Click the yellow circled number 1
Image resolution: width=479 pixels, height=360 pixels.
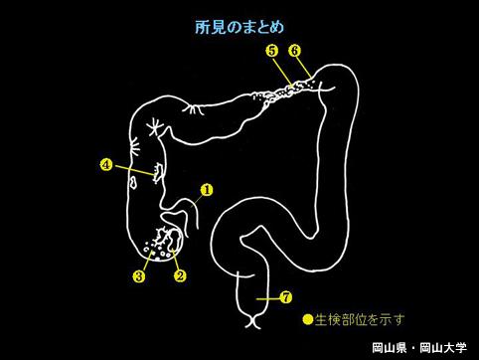(x=207, y=190)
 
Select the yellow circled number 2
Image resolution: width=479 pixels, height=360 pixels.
(x=181, y=275)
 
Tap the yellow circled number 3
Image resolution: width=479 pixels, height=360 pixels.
(x=139, y=276)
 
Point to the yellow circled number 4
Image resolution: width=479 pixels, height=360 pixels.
(x=106, y=165)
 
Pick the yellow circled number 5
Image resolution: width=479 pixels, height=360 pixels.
(x=272, y=51)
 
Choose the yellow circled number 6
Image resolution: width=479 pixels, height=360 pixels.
(x=294, y=51)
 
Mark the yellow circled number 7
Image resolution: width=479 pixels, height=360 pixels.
(x=286, y=297)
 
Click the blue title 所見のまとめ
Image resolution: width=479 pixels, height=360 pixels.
(x=239, y=27)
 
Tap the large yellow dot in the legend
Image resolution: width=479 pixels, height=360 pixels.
(x=308, y=319)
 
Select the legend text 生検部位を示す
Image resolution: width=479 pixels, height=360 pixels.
(x=360, y=320)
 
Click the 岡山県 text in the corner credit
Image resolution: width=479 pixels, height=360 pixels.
(x=389, y=348)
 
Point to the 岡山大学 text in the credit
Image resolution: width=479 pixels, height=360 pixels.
(x=443, y=348)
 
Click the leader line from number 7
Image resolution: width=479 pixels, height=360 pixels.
(x=268, y=298)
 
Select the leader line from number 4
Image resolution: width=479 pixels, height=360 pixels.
(x=133, y=169)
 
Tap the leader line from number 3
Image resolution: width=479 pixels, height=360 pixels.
(x=148, y=262)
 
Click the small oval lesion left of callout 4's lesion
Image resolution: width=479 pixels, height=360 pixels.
(x=133, y=182)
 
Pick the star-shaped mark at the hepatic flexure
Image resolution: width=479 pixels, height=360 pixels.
(x=155, y=127)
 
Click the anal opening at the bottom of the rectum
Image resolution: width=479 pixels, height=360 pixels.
(x=252, y=320)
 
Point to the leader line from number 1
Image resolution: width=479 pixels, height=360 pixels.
(x=198, y=200)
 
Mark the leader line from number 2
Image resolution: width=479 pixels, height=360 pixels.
(x=175, y=260)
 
